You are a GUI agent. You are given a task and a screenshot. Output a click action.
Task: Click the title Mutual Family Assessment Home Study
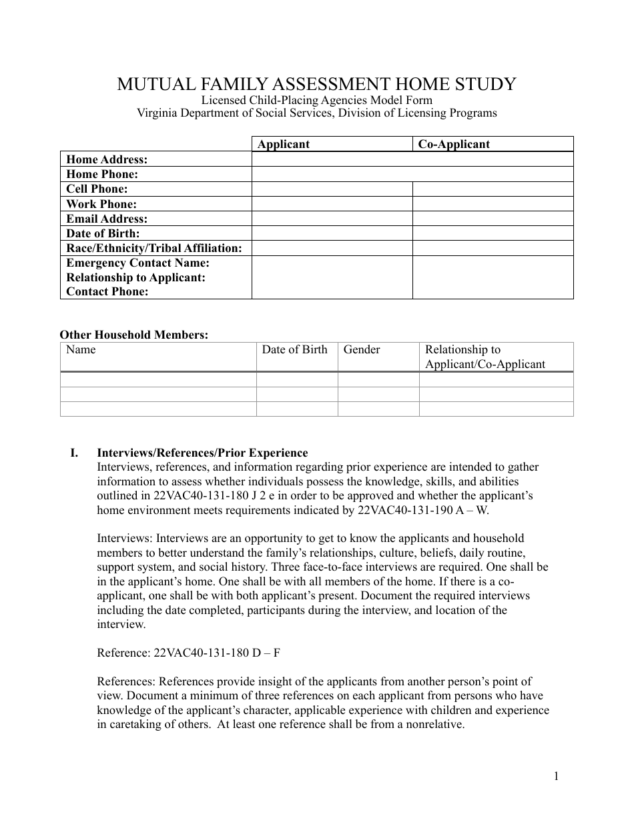click(x=316, y=84)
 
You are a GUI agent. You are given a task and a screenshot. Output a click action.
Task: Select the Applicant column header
click(x=284, y=144)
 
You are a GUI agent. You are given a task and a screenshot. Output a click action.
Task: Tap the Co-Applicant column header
click(x=454, y=144)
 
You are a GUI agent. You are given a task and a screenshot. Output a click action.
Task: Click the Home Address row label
click(x=107, y=159)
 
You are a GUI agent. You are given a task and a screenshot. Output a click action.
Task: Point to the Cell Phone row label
click(x=97, y=189)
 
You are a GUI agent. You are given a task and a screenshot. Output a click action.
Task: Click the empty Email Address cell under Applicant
click(x=332, y=219)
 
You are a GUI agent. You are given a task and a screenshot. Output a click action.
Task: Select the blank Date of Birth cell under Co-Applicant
click(x=493, y=233)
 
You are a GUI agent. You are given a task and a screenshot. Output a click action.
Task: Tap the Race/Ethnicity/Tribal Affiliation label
click(x=154, y=248)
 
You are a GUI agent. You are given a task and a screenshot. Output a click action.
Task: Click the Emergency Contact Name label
click(x=137, y=263)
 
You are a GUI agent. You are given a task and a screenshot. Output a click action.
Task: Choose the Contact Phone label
click(x=107, y=291)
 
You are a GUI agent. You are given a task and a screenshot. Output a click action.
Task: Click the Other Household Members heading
click(x=134, y=335)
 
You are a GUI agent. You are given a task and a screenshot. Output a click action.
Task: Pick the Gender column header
click(x=362, y=349)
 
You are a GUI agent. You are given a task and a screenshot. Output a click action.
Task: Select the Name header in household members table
click(x=81, y=349)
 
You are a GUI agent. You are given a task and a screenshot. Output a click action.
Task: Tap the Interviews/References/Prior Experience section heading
click(x=202, y=453)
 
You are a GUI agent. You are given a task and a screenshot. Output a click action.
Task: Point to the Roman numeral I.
click(x=74, y=453)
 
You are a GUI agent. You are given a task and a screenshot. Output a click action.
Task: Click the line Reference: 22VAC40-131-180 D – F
click(x=188, y=653)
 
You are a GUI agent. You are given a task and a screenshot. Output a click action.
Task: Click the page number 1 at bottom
click(x=555, y=775)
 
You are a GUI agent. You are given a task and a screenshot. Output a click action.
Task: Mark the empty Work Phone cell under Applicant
click(x=332, y=204)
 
